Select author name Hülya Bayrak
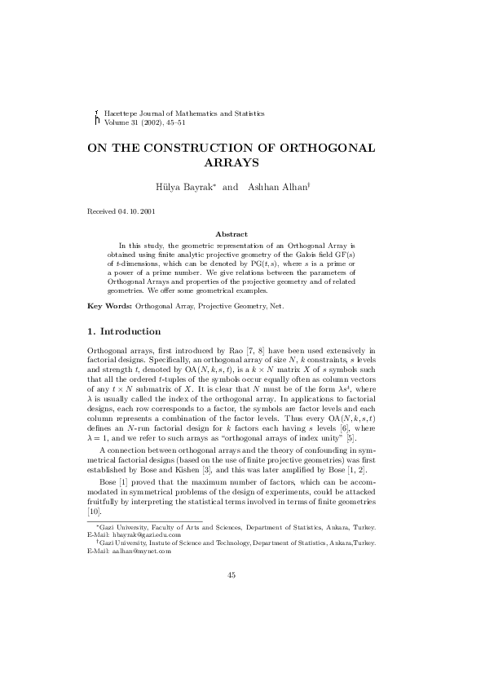pos(186,187)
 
